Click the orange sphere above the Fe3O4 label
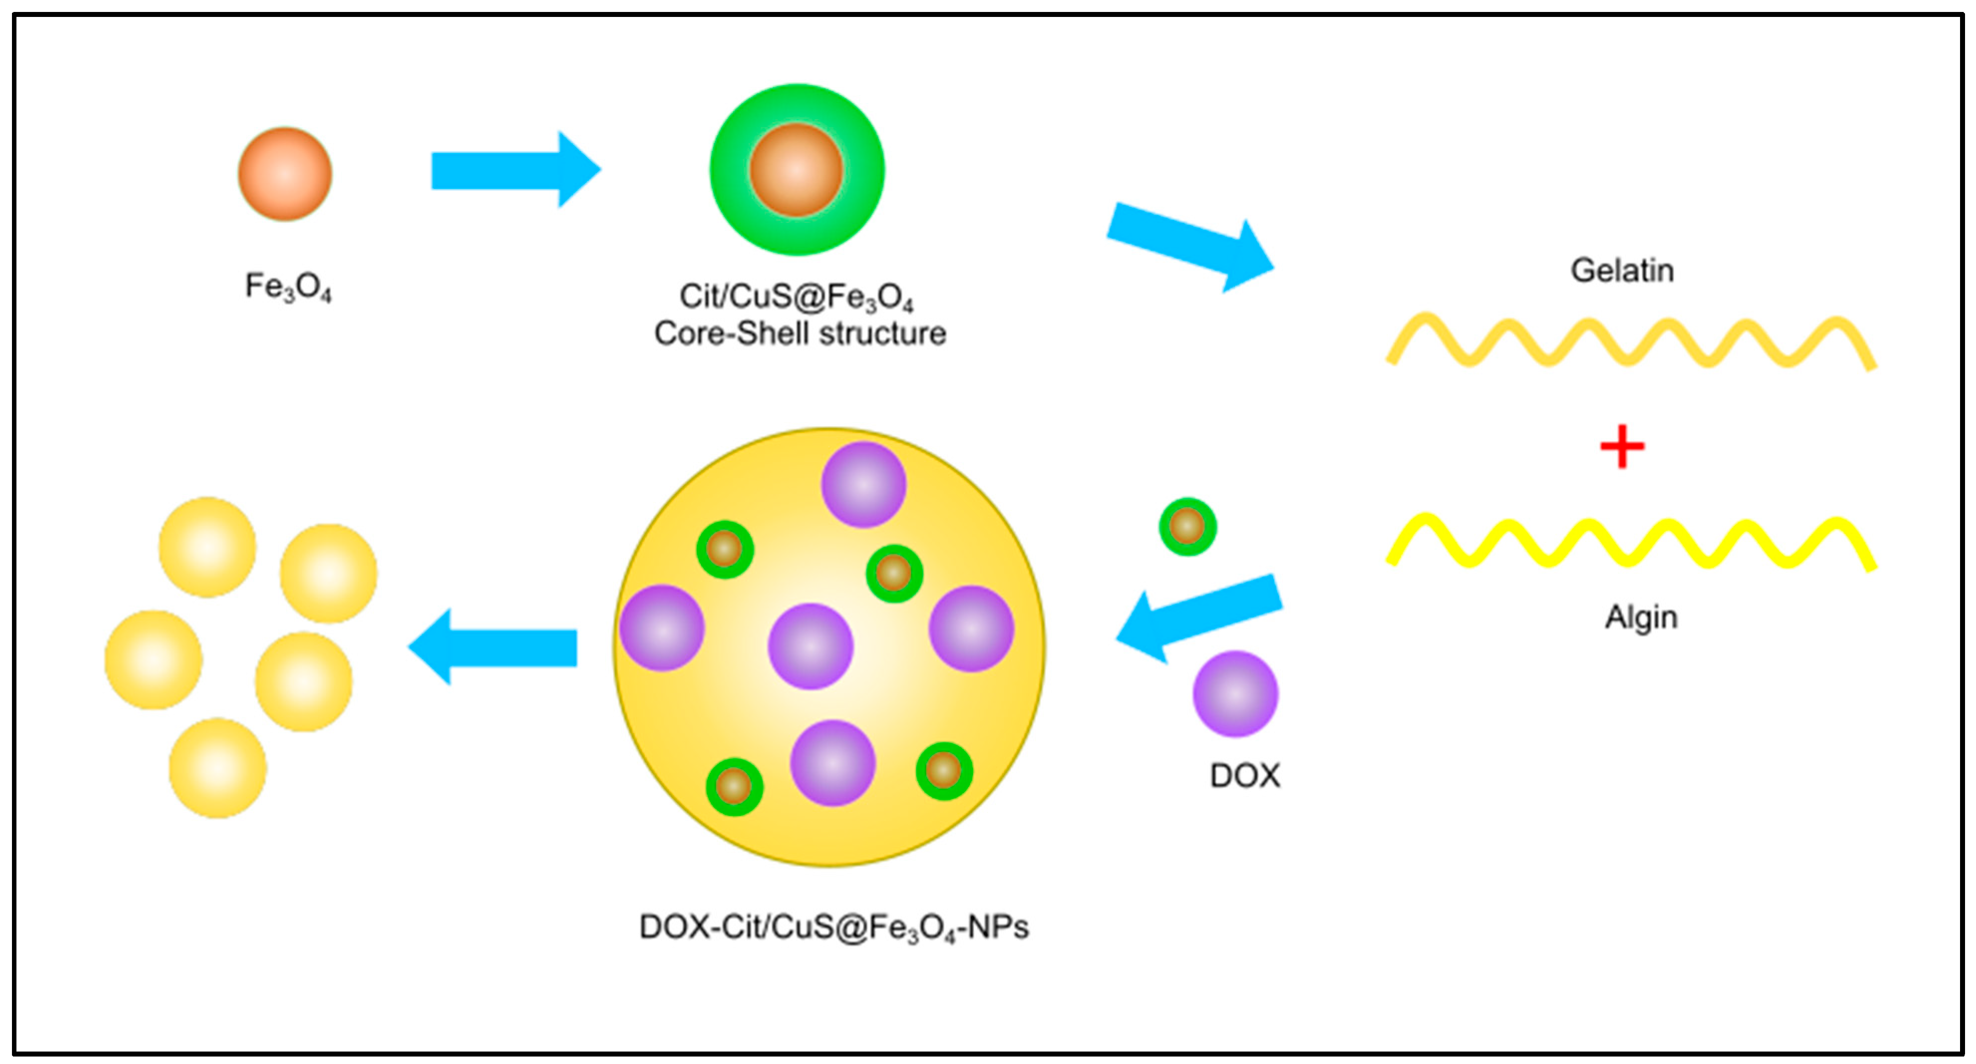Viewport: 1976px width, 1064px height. click(285, 174)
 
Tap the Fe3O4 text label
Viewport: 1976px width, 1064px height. click(288, 287)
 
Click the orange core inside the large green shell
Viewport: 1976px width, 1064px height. click(796, 169)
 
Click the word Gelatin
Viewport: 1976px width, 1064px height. click(1622, 271)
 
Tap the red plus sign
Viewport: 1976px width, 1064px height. click(1622, 447)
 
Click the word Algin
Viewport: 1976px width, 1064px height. click(1641, 617)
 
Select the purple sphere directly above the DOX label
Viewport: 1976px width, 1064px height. click(1235, 694)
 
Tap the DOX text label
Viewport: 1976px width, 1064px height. click(1244, 775)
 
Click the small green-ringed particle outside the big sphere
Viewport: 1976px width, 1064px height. click(1187, 527)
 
